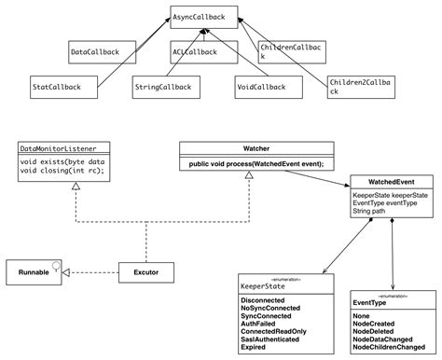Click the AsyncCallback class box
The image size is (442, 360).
[x=204, y=17]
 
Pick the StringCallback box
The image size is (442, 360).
[x=164, y=88]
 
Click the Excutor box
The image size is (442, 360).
[x=147, y=272]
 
